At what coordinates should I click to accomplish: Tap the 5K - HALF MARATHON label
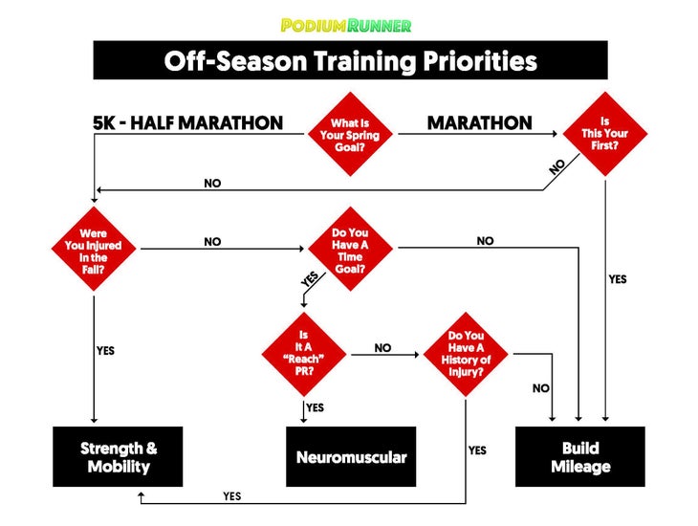[187, 123]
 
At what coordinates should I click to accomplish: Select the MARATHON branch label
[479, 123]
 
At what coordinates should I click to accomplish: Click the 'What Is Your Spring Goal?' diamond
[350, 135]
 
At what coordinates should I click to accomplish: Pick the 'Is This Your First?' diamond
[604, 135]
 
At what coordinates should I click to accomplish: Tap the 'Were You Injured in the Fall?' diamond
[94, 250]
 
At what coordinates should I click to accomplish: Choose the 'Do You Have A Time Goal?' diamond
[350, 250]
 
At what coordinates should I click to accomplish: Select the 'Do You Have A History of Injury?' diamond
[466, 354]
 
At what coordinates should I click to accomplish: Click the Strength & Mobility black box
[119, 457]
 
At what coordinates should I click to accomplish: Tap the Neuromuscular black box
[351, 457]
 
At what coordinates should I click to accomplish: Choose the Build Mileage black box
[580, 457]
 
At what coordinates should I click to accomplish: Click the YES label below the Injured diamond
[106, 351]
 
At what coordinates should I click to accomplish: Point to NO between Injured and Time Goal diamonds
[212, 242]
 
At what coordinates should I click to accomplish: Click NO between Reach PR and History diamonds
[382, 348]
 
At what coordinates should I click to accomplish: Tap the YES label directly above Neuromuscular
[316, 408]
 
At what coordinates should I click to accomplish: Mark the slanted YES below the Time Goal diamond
[308, 280]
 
